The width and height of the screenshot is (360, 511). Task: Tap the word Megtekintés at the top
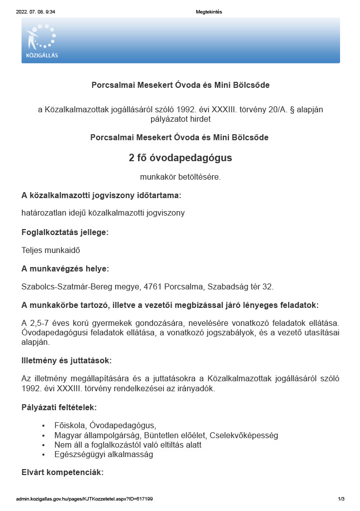pos(209,12)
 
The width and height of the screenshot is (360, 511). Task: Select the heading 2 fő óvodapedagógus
pos(180,158)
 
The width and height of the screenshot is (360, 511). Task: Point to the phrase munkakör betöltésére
pos(180,177)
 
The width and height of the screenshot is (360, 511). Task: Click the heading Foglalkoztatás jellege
pos(65,232)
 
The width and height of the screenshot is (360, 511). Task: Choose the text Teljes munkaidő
pos(51,250)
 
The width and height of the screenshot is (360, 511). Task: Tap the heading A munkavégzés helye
pos(65,268)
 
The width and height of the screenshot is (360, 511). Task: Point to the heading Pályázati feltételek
pos(62,407)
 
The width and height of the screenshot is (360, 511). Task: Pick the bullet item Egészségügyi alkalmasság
pos(104,455)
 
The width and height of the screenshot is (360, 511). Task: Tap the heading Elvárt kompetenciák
pos(62,472)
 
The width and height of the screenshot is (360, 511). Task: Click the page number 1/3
pos(341,499)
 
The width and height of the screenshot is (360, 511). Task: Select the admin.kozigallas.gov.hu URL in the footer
pos(84,499)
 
